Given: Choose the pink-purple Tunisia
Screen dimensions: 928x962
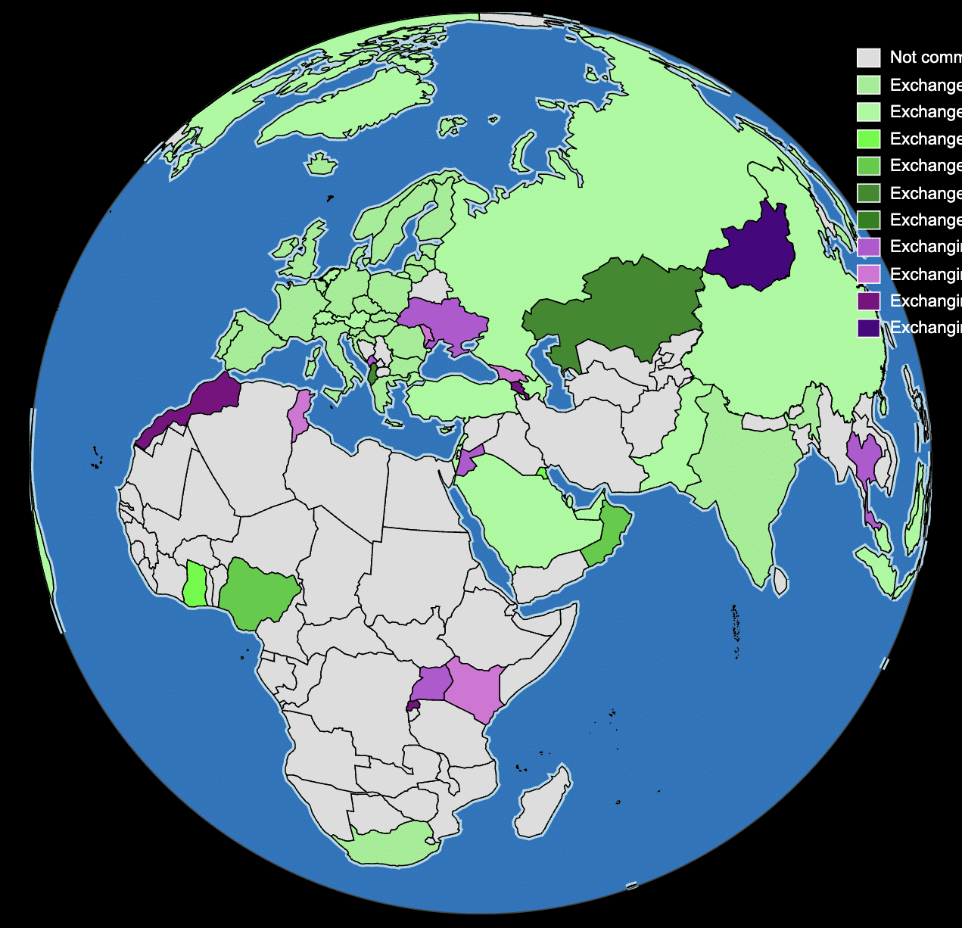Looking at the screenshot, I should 300,413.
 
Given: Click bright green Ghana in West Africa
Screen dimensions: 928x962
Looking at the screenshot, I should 195,585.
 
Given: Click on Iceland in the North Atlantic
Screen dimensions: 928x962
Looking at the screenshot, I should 322,163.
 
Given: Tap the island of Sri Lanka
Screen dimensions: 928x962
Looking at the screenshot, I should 780,581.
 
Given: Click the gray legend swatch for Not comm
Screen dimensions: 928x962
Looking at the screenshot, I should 868,58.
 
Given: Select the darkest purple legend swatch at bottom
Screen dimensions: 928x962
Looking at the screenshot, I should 868,328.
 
